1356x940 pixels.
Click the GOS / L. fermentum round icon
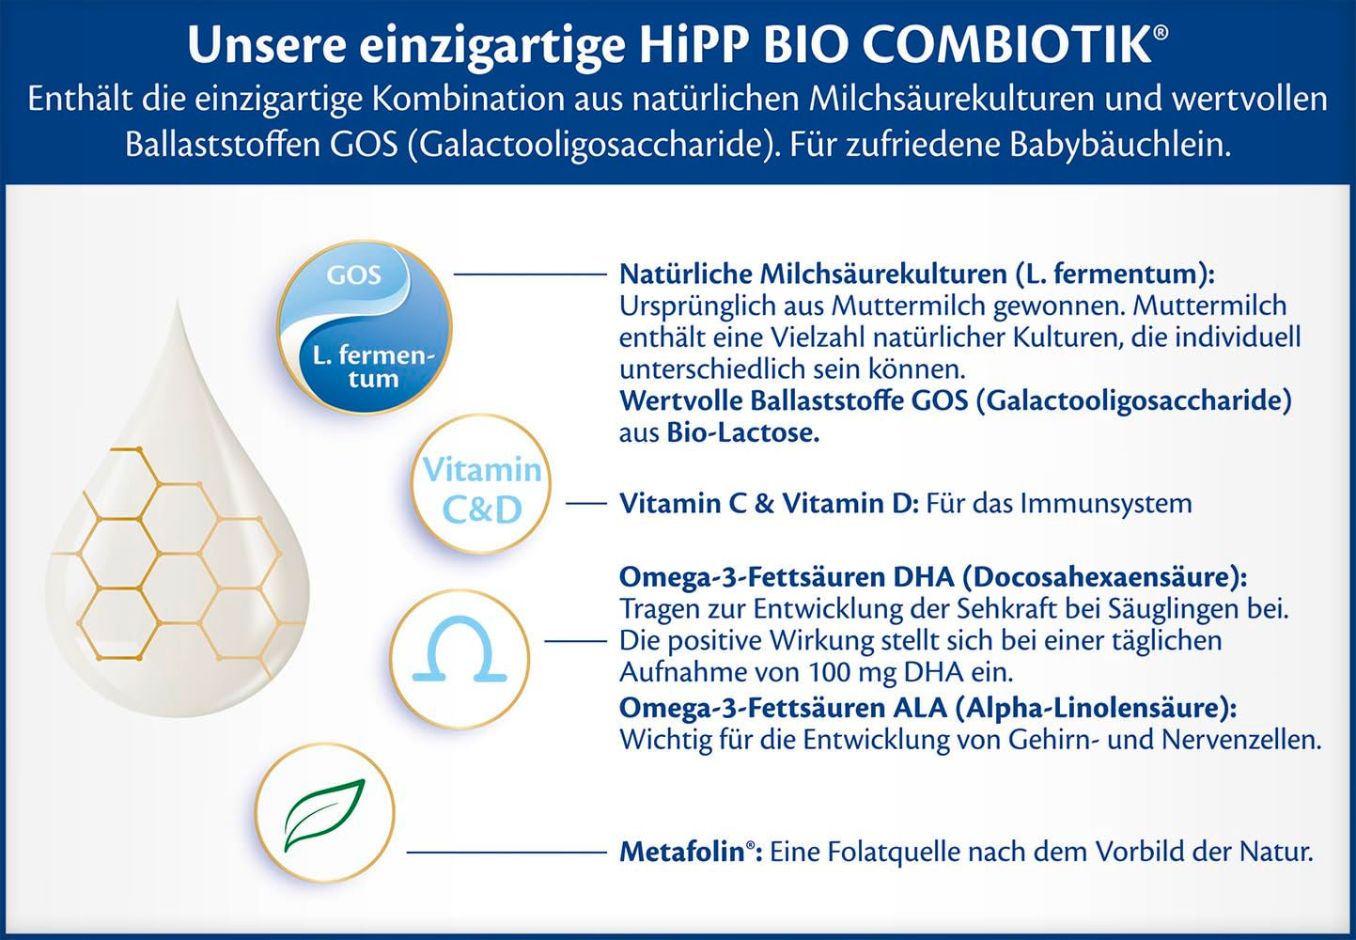[x=365, y=326]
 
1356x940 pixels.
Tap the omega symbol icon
[x=459, y=653]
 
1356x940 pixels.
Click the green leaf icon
[x=325, y=813]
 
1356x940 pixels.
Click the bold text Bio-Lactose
[x=742, y=433]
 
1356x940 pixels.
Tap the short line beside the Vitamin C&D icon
[x=585, y=504]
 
